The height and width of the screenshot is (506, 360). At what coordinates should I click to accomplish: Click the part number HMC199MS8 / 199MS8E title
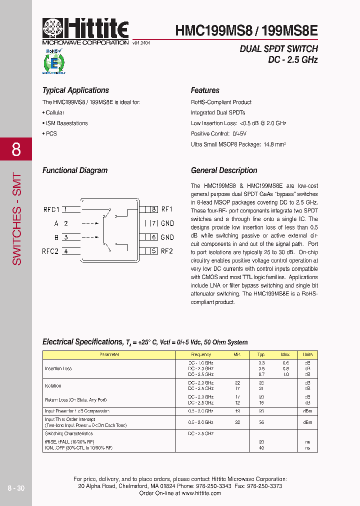pyautogui.click(x=246, y=30)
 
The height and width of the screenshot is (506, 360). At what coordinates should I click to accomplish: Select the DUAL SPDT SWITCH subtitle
pyautogui.click(x=278, y=49)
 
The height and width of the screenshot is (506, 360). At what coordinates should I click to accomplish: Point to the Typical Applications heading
pyautogui.click(x=75, y=90)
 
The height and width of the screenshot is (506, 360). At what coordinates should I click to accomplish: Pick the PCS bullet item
pyautogui.click(x=50, y=134)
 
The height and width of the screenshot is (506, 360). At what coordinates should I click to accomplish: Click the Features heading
pyautogui.click(x=205, y=90)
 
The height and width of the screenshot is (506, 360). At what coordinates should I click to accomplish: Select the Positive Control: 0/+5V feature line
pyautogui.click(x=218, y=134)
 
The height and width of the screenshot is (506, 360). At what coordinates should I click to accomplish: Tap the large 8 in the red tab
pyautogui.click(x=16, y=149)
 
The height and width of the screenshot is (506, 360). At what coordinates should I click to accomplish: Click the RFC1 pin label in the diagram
pyautogui.click(x=51, y=209)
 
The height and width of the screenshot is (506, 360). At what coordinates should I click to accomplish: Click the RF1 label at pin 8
pyautogui.click(x=167, y=209)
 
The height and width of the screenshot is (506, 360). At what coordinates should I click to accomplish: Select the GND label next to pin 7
pyautogui.click(x=167, y=223)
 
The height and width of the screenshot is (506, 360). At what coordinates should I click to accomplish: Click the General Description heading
pyautogui.click(x=224, y=170)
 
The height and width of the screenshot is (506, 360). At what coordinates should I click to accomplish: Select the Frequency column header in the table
pyautogui.click(x=200, y=354)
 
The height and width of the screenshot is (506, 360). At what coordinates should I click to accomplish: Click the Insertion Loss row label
pyautogui.click(x=58, y=368)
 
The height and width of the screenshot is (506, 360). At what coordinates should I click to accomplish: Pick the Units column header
pyautogui.click(x=307, y=354)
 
